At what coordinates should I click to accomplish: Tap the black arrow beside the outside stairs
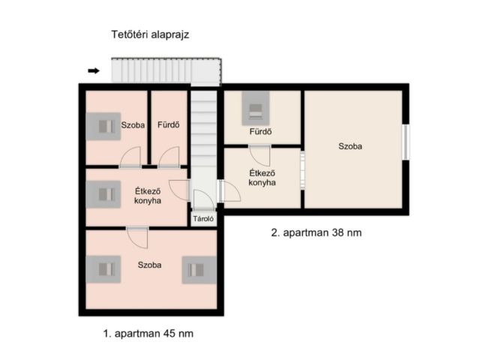(x=94, y=71)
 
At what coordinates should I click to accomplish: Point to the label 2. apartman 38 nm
(x=316, y=232)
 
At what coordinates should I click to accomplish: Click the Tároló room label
(x=204, y=220)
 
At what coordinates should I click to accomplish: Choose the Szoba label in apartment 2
(x=350, y=147)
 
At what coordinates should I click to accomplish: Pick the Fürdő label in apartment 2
(x=260, y=132)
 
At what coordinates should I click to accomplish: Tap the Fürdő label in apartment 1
(x=167, y=125)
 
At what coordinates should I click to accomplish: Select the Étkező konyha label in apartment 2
(x=262, y=177)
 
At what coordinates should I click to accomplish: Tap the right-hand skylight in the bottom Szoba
(x=199, y=269)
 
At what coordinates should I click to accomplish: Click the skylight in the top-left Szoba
(x=103, y=126)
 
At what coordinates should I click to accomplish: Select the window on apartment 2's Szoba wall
(x=406, y=142)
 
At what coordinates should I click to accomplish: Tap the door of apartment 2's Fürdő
(x=260, y=155)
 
